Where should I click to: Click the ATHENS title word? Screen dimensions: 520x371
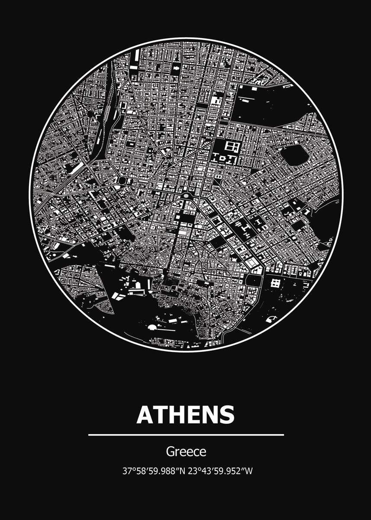pos(185,415)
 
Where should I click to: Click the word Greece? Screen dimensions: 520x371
pos(186,452)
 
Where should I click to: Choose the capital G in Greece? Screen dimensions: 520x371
pos(170,452)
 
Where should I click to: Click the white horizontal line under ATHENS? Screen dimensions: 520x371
pos(186,434)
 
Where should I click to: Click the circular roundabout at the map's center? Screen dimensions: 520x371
pos(186,196)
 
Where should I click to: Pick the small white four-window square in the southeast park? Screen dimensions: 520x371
pos(275,283)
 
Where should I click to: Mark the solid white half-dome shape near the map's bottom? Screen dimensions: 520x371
pos(152,328)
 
